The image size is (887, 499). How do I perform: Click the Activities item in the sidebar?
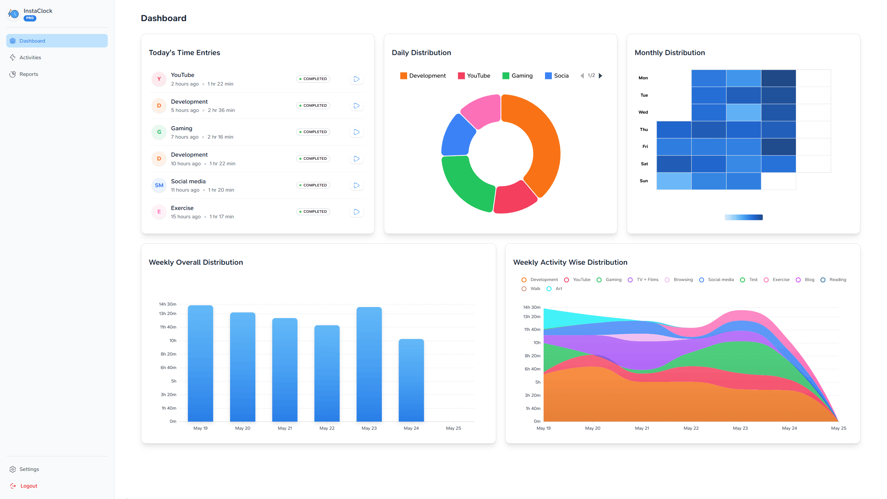30,58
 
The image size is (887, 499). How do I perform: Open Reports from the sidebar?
29,74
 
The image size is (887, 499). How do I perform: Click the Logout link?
28,486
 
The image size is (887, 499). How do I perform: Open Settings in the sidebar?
29,469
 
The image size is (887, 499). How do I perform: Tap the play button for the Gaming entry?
357,132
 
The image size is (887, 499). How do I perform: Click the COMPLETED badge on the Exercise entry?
313,212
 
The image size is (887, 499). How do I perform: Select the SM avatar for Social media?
159,185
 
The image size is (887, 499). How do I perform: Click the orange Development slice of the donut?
541,146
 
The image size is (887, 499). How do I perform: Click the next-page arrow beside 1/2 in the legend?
601,76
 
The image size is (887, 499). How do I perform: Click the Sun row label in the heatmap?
643,181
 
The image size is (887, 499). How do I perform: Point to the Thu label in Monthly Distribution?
643,130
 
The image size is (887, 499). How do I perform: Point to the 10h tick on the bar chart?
173,341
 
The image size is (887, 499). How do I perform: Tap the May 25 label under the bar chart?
453,428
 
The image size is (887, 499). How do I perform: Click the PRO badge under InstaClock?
30,18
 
